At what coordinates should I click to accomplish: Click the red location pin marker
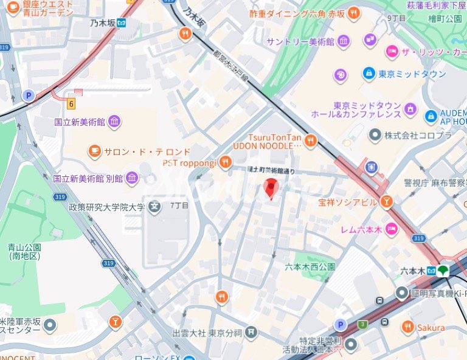point(272,189)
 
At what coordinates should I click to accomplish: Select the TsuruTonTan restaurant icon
point(311,141)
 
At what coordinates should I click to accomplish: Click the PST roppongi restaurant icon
point(226,162)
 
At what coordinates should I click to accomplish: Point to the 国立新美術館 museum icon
point(114,122)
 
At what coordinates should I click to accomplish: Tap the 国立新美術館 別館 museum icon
point(132,178)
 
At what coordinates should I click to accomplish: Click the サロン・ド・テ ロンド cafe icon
point(94,151)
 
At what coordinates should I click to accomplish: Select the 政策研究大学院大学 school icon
point(155,207)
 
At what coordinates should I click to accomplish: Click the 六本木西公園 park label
point(310,266)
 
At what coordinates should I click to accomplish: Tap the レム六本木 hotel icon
point(392,229)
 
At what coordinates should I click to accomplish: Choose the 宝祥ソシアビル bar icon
point(386,202)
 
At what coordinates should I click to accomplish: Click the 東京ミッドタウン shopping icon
point(369,74)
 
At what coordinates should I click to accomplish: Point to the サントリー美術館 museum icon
point(344,41)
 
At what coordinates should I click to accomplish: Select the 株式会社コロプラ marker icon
point(375,134)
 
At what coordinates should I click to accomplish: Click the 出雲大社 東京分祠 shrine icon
point(251,333)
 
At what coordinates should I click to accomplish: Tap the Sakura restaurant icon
point(407,327)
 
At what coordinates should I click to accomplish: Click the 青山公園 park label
point(24,252)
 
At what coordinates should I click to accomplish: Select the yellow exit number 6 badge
point(71,103)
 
